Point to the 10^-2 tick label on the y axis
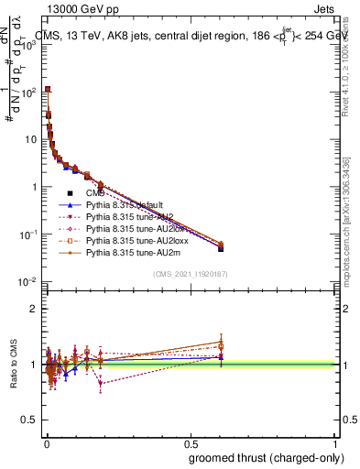tap(28, 282)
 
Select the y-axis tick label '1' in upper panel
tap(36, 187)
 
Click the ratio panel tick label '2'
tap(36, 309)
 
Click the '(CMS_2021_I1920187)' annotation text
tap(191, 274)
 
